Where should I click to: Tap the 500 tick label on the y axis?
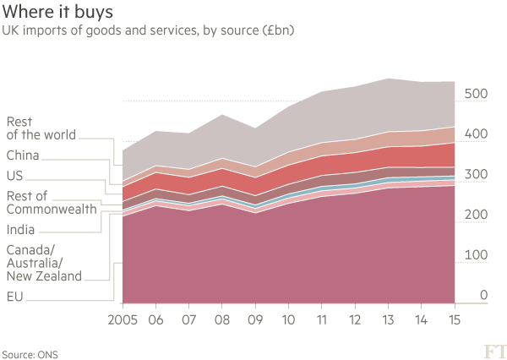tap(476, 94)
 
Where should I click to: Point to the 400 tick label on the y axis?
tap(476, 134)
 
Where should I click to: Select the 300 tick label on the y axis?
tap(476, 175)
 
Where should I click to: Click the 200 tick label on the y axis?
tap(476, 215)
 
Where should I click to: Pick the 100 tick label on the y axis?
tap(476, 255)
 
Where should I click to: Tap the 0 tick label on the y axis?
tap(484, 295)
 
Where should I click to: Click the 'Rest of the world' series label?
tap(41, 128)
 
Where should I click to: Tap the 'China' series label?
tap(22, 155)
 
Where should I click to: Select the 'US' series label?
tap(14, 176)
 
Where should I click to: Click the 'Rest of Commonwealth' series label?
tap(51, 203)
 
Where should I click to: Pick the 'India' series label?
tap(20, 229)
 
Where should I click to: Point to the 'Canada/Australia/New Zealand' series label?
tap(43, 263)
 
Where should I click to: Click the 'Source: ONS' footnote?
tap(30, 352)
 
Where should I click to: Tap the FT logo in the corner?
tap(493, 350)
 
